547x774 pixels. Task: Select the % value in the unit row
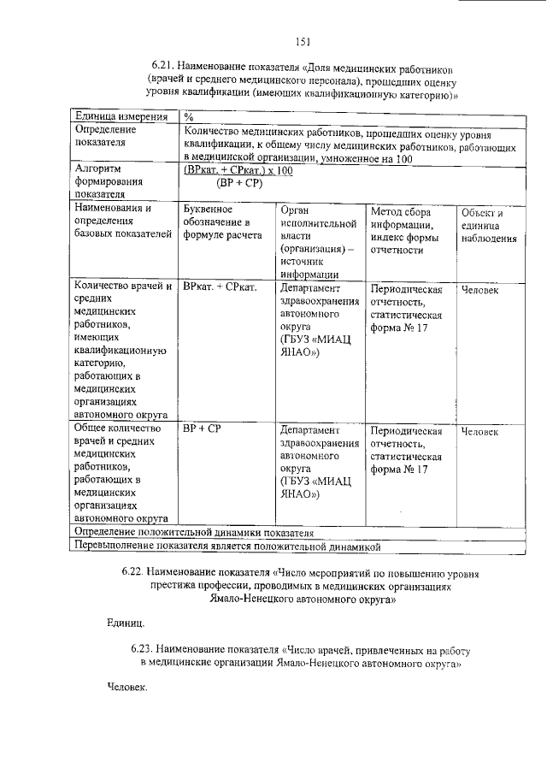click(188, 116)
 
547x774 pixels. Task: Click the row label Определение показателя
click(106, 136)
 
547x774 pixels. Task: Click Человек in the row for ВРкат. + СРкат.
click(479, 290)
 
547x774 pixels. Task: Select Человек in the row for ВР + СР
click(479, 432)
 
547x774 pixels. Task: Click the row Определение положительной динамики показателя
click(195, 532)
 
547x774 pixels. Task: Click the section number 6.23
click(144, 651)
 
